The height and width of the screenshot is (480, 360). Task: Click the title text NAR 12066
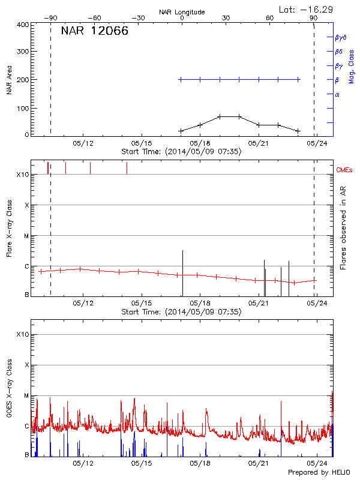[x=94, y=31]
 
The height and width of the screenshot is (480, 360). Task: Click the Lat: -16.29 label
[x=307, y=9]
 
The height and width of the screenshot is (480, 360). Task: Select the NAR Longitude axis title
[x=182, y=12]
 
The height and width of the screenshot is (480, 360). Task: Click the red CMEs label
[x=345, y=170]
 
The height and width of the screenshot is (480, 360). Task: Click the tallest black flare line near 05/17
[x=182, y=273]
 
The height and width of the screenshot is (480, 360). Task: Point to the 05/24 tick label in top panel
[x=316, y=143]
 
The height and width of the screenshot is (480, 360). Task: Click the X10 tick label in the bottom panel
[x=23, y=334]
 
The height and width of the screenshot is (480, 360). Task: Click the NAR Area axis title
[x=9, y=79]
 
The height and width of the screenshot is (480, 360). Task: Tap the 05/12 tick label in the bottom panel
[x=83, y=463]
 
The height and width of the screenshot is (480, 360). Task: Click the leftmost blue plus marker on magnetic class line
[x=181, y=79]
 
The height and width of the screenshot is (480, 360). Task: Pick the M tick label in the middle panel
[x=26, y=236]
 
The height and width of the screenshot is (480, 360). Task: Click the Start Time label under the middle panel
[x=181, y=312]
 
